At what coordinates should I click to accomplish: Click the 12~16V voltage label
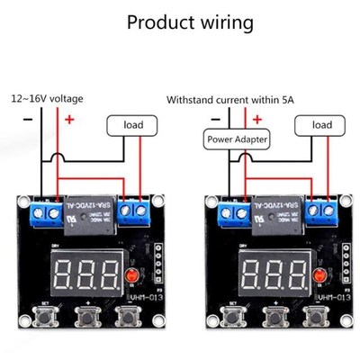coord(49,98)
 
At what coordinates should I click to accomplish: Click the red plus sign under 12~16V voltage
coord(68,117)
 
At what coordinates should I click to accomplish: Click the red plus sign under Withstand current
coord(258,117)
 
